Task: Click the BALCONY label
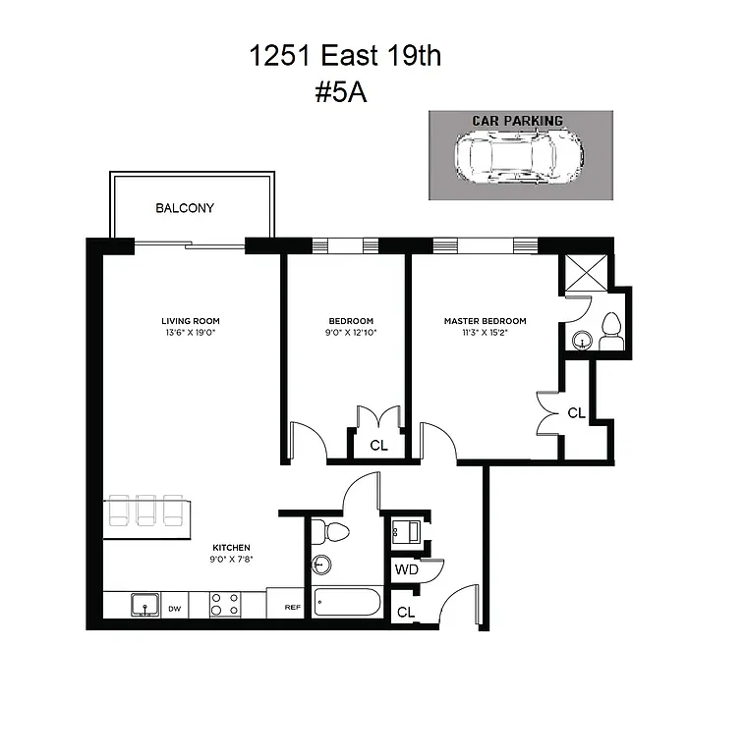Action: pos(185,208)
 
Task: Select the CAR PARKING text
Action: pos(518,121)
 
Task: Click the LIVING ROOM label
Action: pos(191,321)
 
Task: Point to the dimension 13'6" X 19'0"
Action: pos(191,333)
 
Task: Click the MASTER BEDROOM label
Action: pos(485,321)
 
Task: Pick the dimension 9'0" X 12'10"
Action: pos(351,333)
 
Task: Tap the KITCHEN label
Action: pos(232,547)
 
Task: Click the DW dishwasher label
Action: pos(174,609)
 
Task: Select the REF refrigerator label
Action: pos(292,608)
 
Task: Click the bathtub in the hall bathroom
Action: pos(348,601)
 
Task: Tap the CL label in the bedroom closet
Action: pos(378,446)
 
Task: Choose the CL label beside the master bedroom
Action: pos(576,413)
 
